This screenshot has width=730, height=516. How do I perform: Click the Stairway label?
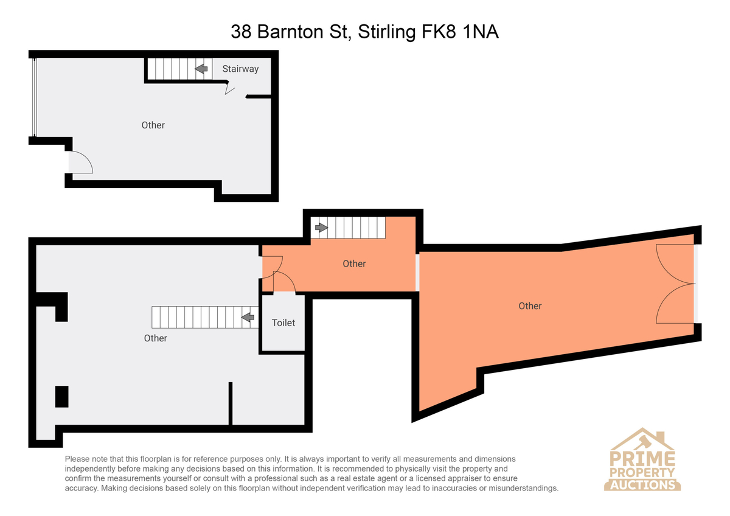pyautogui.click(x=240, y=69)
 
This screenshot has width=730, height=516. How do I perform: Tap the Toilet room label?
pyautogui.click(x=283, y=322)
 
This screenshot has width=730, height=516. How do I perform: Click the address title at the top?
pyautogui.click(x=364, y=32)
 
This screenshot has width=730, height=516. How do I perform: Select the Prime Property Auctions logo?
pyautogui.click(x=642, y=459)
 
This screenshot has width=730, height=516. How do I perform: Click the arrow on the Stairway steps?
pyautogui.click(x=201, y=69)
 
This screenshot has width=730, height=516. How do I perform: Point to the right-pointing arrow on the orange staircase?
pyautogui.click(x=321, y=228)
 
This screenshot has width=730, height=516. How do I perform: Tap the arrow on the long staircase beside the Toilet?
pyautogui.click(x=248, y=317)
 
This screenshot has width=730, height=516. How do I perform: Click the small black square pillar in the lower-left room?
pyautogui.click(x=61, y=397)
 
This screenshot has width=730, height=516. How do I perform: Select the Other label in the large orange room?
pyautogui.click(x=530, y=305)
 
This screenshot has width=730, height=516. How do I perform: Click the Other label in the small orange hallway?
pyautogui.click(x=354, y=263)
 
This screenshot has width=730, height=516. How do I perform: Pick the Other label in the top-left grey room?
pyautogui.click(x=153, y=125)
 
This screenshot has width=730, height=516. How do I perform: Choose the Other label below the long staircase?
pyautogui.click(x=156, y=338)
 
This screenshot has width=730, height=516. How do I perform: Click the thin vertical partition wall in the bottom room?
pyautogui.click(x=231, y=403)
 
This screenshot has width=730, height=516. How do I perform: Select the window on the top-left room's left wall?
pyautogui.click(x=34, y=97)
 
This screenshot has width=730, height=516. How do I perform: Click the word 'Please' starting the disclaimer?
pyautogui.click(x=77, y=459)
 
